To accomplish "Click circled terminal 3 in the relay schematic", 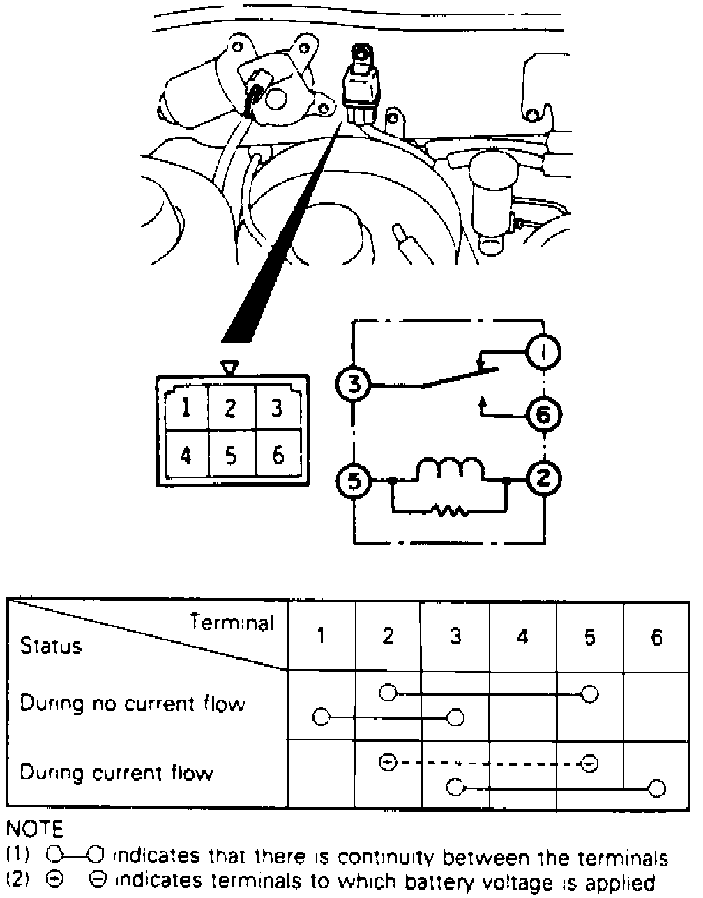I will (354, 383).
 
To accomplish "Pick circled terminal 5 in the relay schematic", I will (354, 480).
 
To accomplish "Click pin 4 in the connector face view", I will (186, 455).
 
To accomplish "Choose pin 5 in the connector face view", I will (231, 455).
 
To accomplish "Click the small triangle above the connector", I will (229, 367).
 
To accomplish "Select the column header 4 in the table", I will (522, 637).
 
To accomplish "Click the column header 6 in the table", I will (656, 637).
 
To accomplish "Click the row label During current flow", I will (116, 773).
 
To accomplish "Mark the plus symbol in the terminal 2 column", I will (388, 762).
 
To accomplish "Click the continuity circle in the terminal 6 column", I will (656, 789).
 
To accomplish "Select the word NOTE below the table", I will (34, 829).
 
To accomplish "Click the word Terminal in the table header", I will (232, 622).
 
